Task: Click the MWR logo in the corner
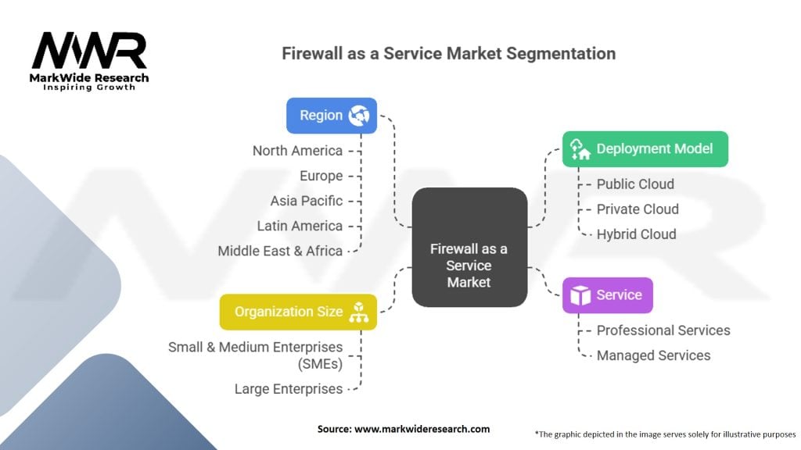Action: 89,59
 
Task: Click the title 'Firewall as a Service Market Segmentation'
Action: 448,54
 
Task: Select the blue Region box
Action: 331,116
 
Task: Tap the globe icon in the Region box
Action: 359,116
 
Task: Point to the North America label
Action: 297,151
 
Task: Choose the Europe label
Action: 321,176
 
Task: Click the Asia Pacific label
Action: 307,201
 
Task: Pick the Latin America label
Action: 300,226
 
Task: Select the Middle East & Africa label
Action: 280,251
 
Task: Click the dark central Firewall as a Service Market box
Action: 469,246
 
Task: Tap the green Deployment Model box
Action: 645,148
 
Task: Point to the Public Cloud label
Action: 635,184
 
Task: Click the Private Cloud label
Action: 638,209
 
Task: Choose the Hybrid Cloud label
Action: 636,234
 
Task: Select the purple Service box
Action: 607,295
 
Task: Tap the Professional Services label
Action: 663,330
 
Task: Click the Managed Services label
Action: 653,355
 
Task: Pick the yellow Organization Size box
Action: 298,312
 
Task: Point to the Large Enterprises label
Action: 288,389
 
